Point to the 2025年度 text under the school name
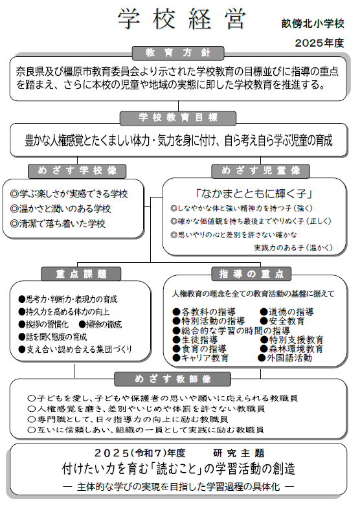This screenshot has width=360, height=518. pyautogui.click(x=319, y=43)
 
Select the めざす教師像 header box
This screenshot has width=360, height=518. pyautogui.click(x=179, y=378)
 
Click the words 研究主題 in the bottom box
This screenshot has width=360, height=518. pyautogui.click(x=238, y=453)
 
